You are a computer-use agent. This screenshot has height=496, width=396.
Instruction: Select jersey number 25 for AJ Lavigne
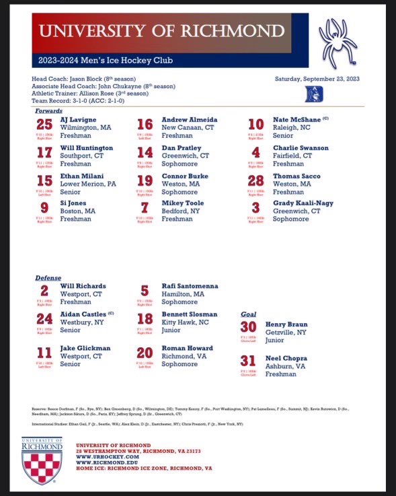click(x=44, y=125)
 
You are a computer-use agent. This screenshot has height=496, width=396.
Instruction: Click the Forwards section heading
click(x=49, y=110)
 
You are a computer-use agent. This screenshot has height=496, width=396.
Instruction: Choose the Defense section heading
click(x=48, y=277)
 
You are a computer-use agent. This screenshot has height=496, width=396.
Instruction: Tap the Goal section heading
click(x=248, y=314)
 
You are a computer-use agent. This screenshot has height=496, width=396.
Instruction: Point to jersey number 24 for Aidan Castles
click(x=44, y=319)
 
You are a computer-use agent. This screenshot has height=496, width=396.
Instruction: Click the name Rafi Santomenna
click(x=190, y=286)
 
